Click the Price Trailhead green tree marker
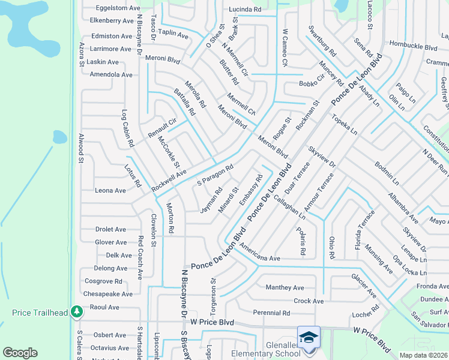click(x=77, y=311)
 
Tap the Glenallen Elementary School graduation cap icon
click(x=309, y=337)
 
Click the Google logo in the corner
click(x=20, y=353)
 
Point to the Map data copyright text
click(x=423, y=355)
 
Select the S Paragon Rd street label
click(x=215, y=175)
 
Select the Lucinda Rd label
click(x=245, y=10)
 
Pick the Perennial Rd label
click(x=271, y=313)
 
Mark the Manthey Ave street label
click(x=285, y=288)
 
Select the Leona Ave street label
click(x=110, y=191)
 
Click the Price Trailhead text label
click(x=37, y=313)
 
